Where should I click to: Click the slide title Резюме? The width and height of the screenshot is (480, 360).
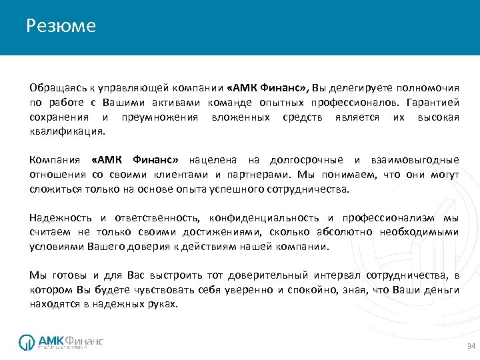61,26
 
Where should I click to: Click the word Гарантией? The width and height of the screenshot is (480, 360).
432,102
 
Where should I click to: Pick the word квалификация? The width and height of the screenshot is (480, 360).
67,131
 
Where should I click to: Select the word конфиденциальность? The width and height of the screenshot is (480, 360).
265,218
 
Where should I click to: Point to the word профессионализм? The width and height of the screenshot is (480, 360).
389,218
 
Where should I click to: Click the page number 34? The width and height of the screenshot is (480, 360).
471,347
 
